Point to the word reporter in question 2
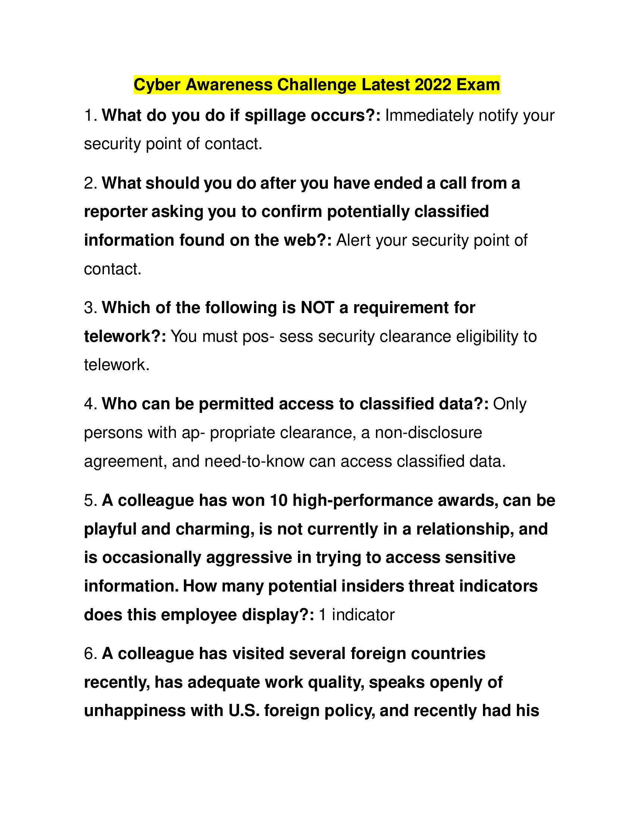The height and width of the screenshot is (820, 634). tap(115, 212)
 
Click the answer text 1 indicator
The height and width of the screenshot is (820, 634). tap(357, 615)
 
